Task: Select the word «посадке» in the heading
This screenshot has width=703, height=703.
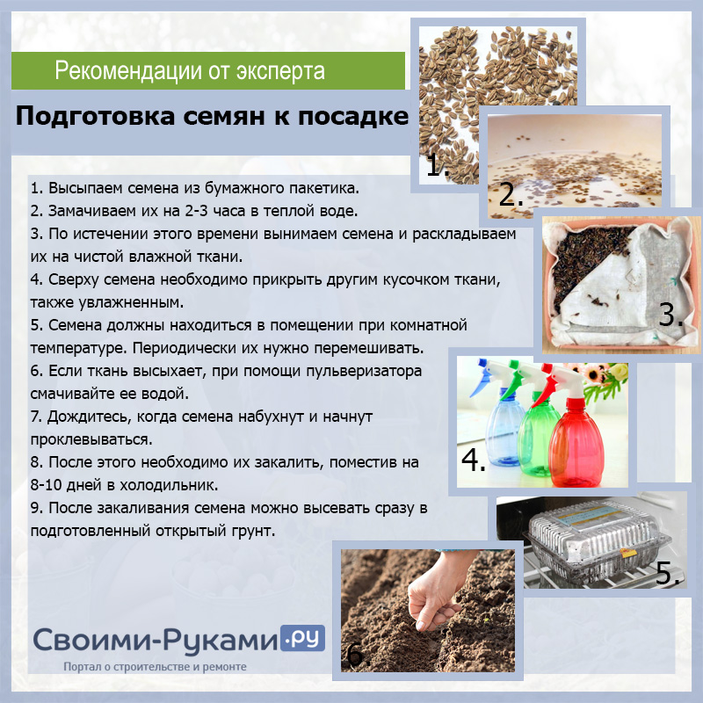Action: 353,116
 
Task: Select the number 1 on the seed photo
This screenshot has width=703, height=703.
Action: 437,165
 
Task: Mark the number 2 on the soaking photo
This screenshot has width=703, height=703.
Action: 511,194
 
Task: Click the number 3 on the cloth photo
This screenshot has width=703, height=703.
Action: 671,315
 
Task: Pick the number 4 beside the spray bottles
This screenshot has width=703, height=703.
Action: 474,460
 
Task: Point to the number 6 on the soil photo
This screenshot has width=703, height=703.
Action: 359,655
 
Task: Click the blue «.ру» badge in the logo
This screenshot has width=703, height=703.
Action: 302,639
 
